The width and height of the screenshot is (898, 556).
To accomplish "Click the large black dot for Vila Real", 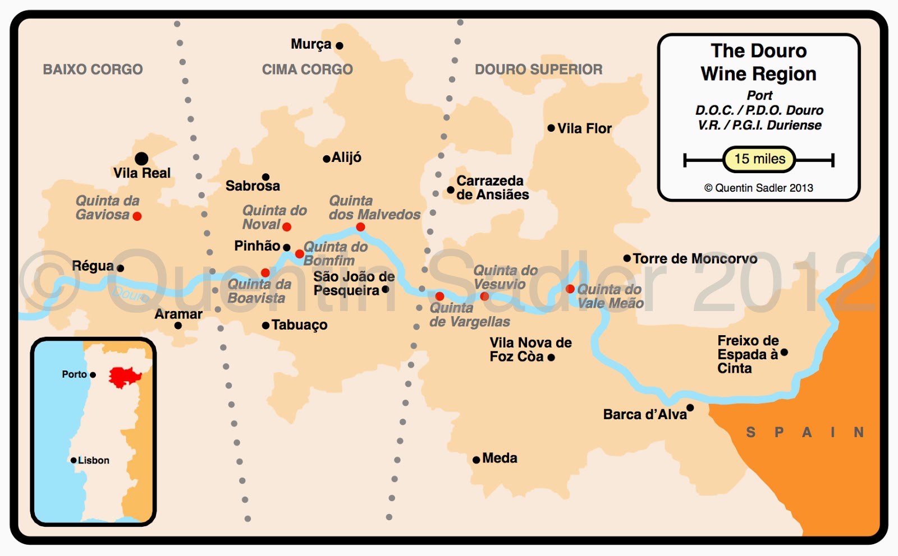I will pyautogui.click(x=141, y=159).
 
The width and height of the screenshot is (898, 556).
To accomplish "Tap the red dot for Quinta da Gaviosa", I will pyautogui.click(x=137, y=216).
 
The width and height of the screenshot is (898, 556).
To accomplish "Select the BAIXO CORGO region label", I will pyautogui.click(x=93, y=69).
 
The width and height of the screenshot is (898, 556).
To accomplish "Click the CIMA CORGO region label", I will pyautogui.click(x=307, y=69).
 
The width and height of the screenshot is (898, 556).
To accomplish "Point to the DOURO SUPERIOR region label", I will pyautogui.click(x=538, y=69).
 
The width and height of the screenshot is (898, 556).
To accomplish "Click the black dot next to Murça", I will pyautogui.click(x=339, y=45).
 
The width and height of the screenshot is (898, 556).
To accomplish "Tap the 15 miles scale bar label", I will pyautogui.click(x=759, y=159).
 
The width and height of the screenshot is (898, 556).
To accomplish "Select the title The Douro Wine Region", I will pyautogui.click(x=758, y=62).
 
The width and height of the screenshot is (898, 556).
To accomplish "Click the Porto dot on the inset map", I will pyautogui.click(x=93, y=374).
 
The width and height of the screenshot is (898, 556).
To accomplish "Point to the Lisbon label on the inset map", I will pyautogui.click(x=93, y=460).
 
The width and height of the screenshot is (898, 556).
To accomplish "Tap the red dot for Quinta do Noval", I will pyautogui.click(x=287, y=226).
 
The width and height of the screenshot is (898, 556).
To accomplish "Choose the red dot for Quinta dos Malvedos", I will pyautogui.click(x=360, y=227).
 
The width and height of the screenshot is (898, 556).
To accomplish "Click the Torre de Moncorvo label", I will pyautogui.click(x=695, y=258).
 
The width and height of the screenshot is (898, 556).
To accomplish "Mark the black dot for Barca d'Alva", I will pyautogui.click(x=690, y=407).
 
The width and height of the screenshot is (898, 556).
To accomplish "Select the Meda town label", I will pyautogui.click(x=500, y=458).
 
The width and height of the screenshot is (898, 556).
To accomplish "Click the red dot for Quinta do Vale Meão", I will pyautogui.click(x=570, y=289).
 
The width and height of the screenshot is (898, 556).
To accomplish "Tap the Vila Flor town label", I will pyautogui.click(x=584, y=128).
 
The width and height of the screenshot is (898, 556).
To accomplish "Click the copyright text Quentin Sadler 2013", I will pyautogui.click(x=759, y=188).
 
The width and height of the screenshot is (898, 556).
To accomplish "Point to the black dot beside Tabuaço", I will pyautogui.click(x=265, y=325).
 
